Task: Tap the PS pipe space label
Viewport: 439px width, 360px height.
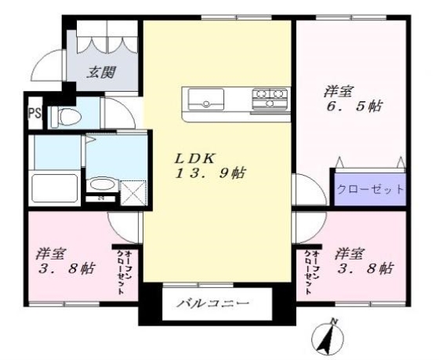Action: [x=34, y=112]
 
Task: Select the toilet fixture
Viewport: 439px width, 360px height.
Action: [x=69, y=117]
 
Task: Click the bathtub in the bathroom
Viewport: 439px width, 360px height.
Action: [x=53, y=189]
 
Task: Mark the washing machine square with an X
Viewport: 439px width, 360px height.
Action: [x=133, y=191]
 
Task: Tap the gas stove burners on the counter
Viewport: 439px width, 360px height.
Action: [x=270, y=99]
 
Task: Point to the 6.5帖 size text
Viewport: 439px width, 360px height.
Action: [x=353, y=106]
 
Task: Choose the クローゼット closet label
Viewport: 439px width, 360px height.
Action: [x=370, y=189]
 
